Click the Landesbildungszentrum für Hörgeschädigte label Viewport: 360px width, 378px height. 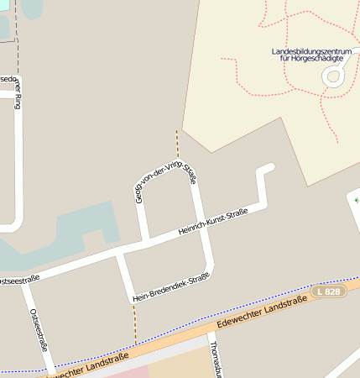(307, 55)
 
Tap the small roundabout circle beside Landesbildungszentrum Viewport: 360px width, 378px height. (333, 77)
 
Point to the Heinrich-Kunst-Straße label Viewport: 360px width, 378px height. (213, 223)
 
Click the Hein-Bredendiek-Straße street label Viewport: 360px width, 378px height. (171, 287)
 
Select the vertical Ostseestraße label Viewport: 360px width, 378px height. (39, 328)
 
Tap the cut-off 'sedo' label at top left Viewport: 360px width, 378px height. (8, 81)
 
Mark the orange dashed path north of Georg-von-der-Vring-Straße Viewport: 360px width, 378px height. (177, 144)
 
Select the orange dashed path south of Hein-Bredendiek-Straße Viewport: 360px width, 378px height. (134, 323)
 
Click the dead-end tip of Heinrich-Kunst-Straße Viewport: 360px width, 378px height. (269, 168)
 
